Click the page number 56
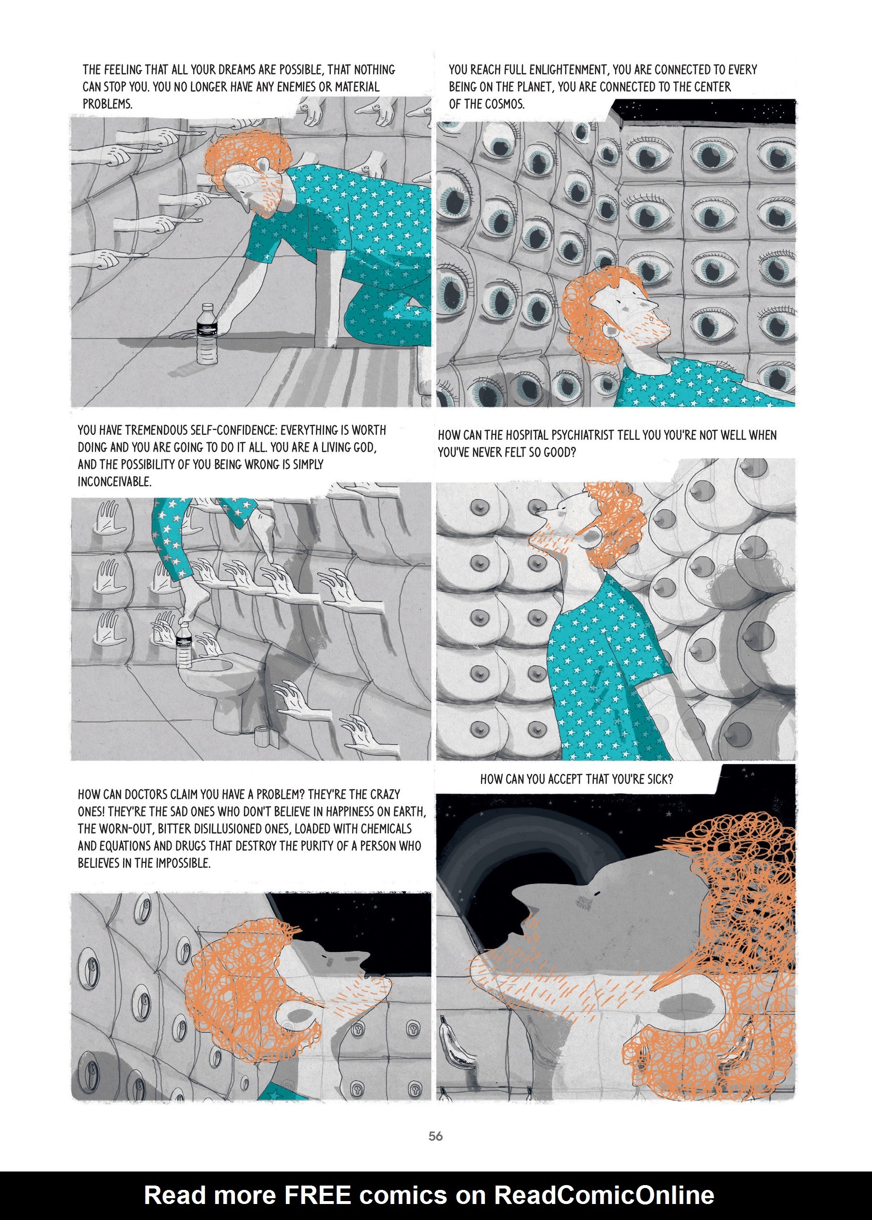pos(436,1136)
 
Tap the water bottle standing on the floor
pos(207,334)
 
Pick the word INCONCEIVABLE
pos(114,482)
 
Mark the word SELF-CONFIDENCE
pos(236,431)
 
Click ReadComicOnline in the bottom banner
pos(604,1195)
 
